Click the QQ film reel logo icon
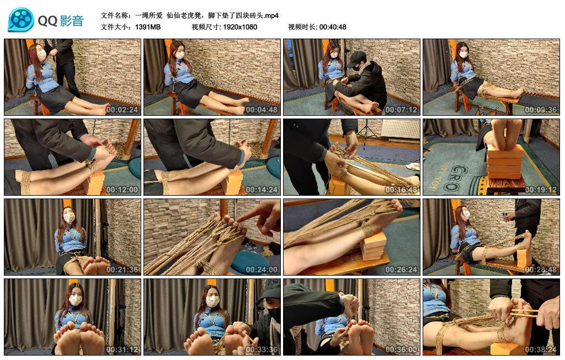pyautogui.click(x=21, y=20)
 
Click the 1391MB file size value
pyautogui.click(x=148, y=26)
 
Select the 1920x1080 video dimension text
pyautogui.click(x=240, y=26)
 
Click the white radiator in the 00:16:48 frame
pyautogui.click(x=400, y=130)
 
